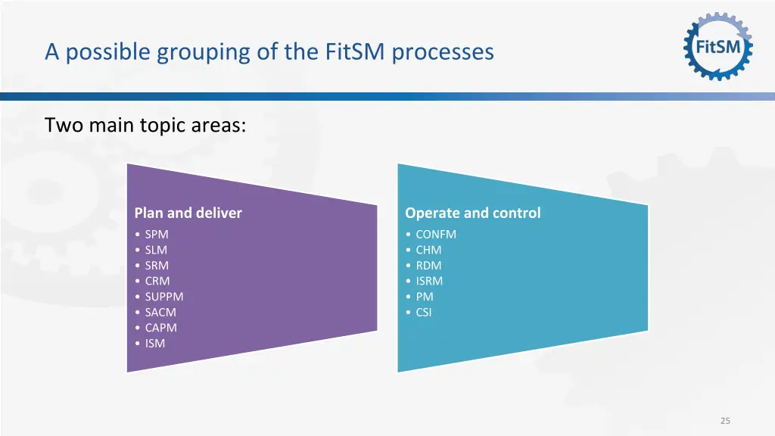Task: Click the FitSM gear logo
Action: click(718, 46)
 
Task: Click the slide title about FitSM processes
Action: click(269, 51)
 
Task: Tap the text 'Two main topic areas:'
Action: click(145, 125)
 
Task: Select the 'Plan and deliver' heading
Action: click(188, 213)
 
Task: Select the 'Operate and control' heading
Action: click(472, 213)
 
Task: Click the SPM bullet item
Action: click(156, 234)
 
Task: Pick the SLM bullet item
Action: click(156, 250)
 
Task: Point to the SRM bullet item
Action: click(157, 266)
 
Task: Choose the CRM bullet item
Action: click(157, 281)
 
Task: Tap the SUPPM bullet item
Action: click(163, 297)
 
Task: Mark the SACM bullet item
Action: click(160, 312)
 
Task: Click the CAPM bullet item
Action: click(160, 328)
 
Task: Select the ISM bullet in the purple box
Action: click(154, 344)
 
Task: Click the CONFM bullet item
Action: click(435, 234)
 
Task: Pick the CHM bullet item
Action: click(428, 250)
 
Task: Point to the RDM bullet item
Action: click(428, 266)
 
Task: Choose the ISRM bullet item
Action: click(428, 281)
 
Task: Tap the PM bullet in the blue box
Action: click(424, 297)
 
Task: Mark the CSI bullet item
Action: click(423, 312)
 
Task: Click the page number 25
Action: click(725, 421)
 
